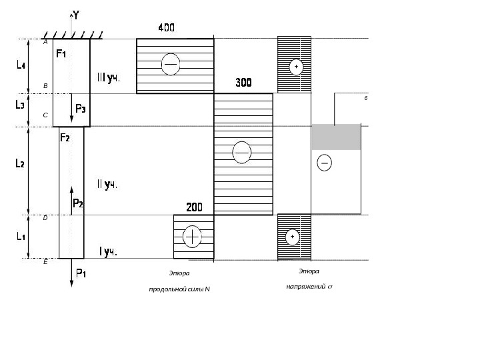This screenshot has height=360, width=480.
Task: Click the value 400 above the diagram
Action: click(166, 28)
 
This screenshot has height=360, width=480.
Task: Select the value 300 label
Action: click(243, 83)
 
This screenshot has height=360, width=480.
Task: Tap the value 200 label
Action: click(194, 207)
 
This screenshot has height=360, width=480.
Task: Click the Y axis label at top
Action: click(76, 15)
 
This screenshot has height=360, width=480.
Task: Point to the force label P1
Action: click(81, 272)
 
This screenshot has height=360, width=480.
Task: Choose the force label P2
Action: click(78, 203)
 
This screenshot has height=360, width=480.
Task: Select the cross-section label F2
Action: click(65, 138)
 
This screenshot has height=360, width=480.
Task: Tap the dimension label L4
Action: click(21, 65)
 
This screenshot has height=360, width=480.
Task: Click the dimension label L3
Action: click(20, 104)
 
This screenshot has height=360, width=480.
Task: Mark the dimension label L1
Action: click(20, 236)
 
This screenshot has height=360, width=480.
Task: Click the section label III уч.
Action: click(107, 78)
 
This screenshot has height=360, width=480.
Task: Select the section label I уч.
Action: click(108, 251)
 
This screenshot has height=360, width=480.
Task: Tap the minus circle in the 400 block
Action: click(171, 63)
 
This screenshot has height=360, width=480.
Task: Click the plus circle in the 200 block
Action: click(192, 236)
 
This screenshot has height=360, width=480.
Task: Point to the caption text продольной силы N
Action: click(179, 288)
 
